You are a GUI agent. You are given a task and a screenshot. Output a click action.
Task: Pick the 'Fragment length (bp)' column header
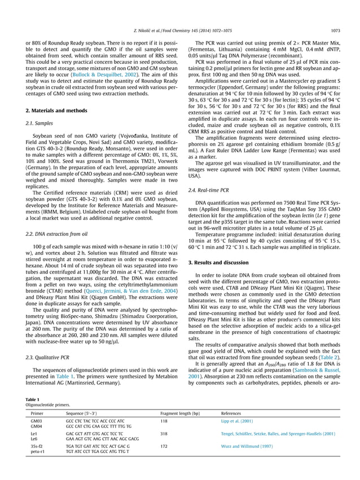click(180, 413)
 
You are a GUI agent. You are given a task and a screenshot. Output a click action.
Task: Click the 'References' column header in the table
click(232, 413)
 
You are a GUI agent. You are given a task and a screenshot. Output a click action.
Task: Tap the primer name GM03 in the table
click(37, 421)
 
